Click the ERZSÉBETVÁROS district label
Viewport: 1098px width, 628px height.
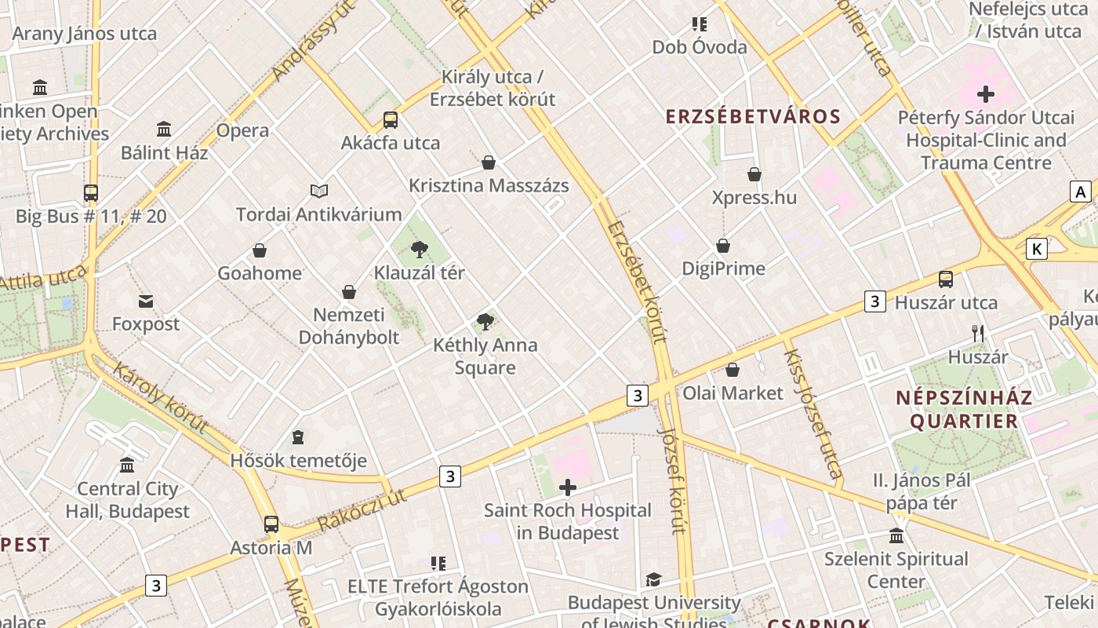click(x=753, y=117)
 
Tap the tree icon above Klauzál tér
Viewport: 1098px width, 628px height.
click(x=420, y=250)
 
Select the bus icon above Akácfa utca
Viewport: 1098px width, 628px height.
click(x=391, y=120)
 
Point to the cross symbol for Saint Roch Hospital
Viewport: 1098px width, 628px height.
click(x=567, y=487)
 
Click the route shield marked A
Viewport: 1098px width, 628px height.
click(x=1081, y=192)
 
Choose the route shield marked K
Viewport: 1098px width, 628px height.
click(x=1037, y=250)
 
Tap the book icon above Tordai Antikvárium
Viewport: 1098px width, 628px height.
click(x=318, y=191)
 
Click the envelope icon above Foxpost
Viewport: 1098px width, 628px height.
click(x=146, y=301)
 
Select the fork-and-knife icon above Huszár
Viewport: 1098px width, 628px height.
click(x=977, y=334)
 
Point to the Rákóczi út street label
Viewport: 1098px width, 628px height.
click(x=362, y=509)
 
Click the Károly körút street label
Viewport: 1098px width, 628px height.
click(x=161, y=397)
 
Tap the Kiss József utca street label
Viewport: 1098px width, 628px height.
click(x=813, y=414)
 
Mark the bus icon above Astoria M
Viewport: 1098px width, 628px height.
click(x=271, y=524)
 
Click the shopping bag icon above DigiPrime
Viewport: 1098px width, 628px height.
click(x=723, y=246)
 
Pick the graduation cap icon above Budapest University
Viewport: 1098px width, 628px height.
click(x=653, y=580)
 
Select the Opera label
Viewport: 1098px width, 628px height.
click(x=242, y=130)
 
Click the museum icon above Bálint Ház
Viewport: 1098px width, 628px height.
click(x=164, y=129)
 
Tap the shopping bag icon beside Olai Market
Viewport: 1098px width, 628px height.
click(x=733, y=370)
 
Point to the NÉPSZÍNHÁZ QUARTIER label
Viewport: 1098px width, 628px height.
click(x=964, y=409)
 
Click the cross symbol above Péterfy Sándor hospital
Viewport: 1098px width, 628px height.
click(x=986, y=95)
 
